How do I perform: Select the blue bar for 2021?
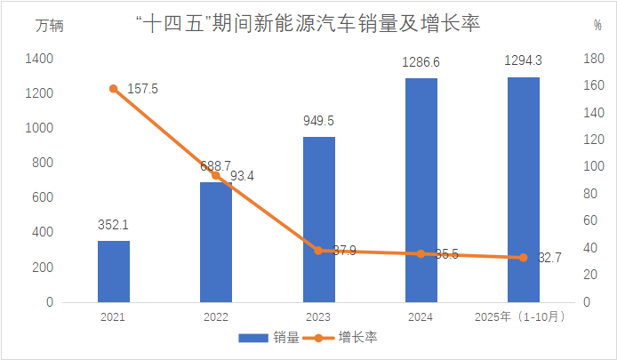click(x=113, y=271)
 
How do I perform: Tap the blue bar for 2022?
click(x=216, y=242)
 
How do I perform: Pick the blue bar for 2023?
click(x=318, y=220)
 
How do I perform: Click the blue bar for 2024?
click(x=421, y=190)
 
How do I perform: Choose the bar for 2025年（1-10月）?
click(x=524, y=189)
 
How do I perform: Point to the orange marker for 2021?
click(x=114, y=89)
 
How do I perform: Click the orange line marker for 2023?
click(x=318, y=251)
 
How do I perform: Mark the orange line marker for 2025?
click(x=524, y=258)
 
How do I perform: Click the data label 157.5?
click(x=142, y=89)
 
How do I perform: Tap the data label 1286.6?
click(x=421, y=63)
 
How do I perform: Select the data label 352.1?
click(x=113, y=226)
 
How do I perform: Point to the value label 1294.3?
click(x=524, y=61)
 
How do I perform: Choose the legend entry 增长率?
click(x=342, y=338)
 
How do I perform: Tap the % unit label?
click(x=597, y=25)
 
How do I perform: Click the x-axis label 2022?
click(x=216, y=317)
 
